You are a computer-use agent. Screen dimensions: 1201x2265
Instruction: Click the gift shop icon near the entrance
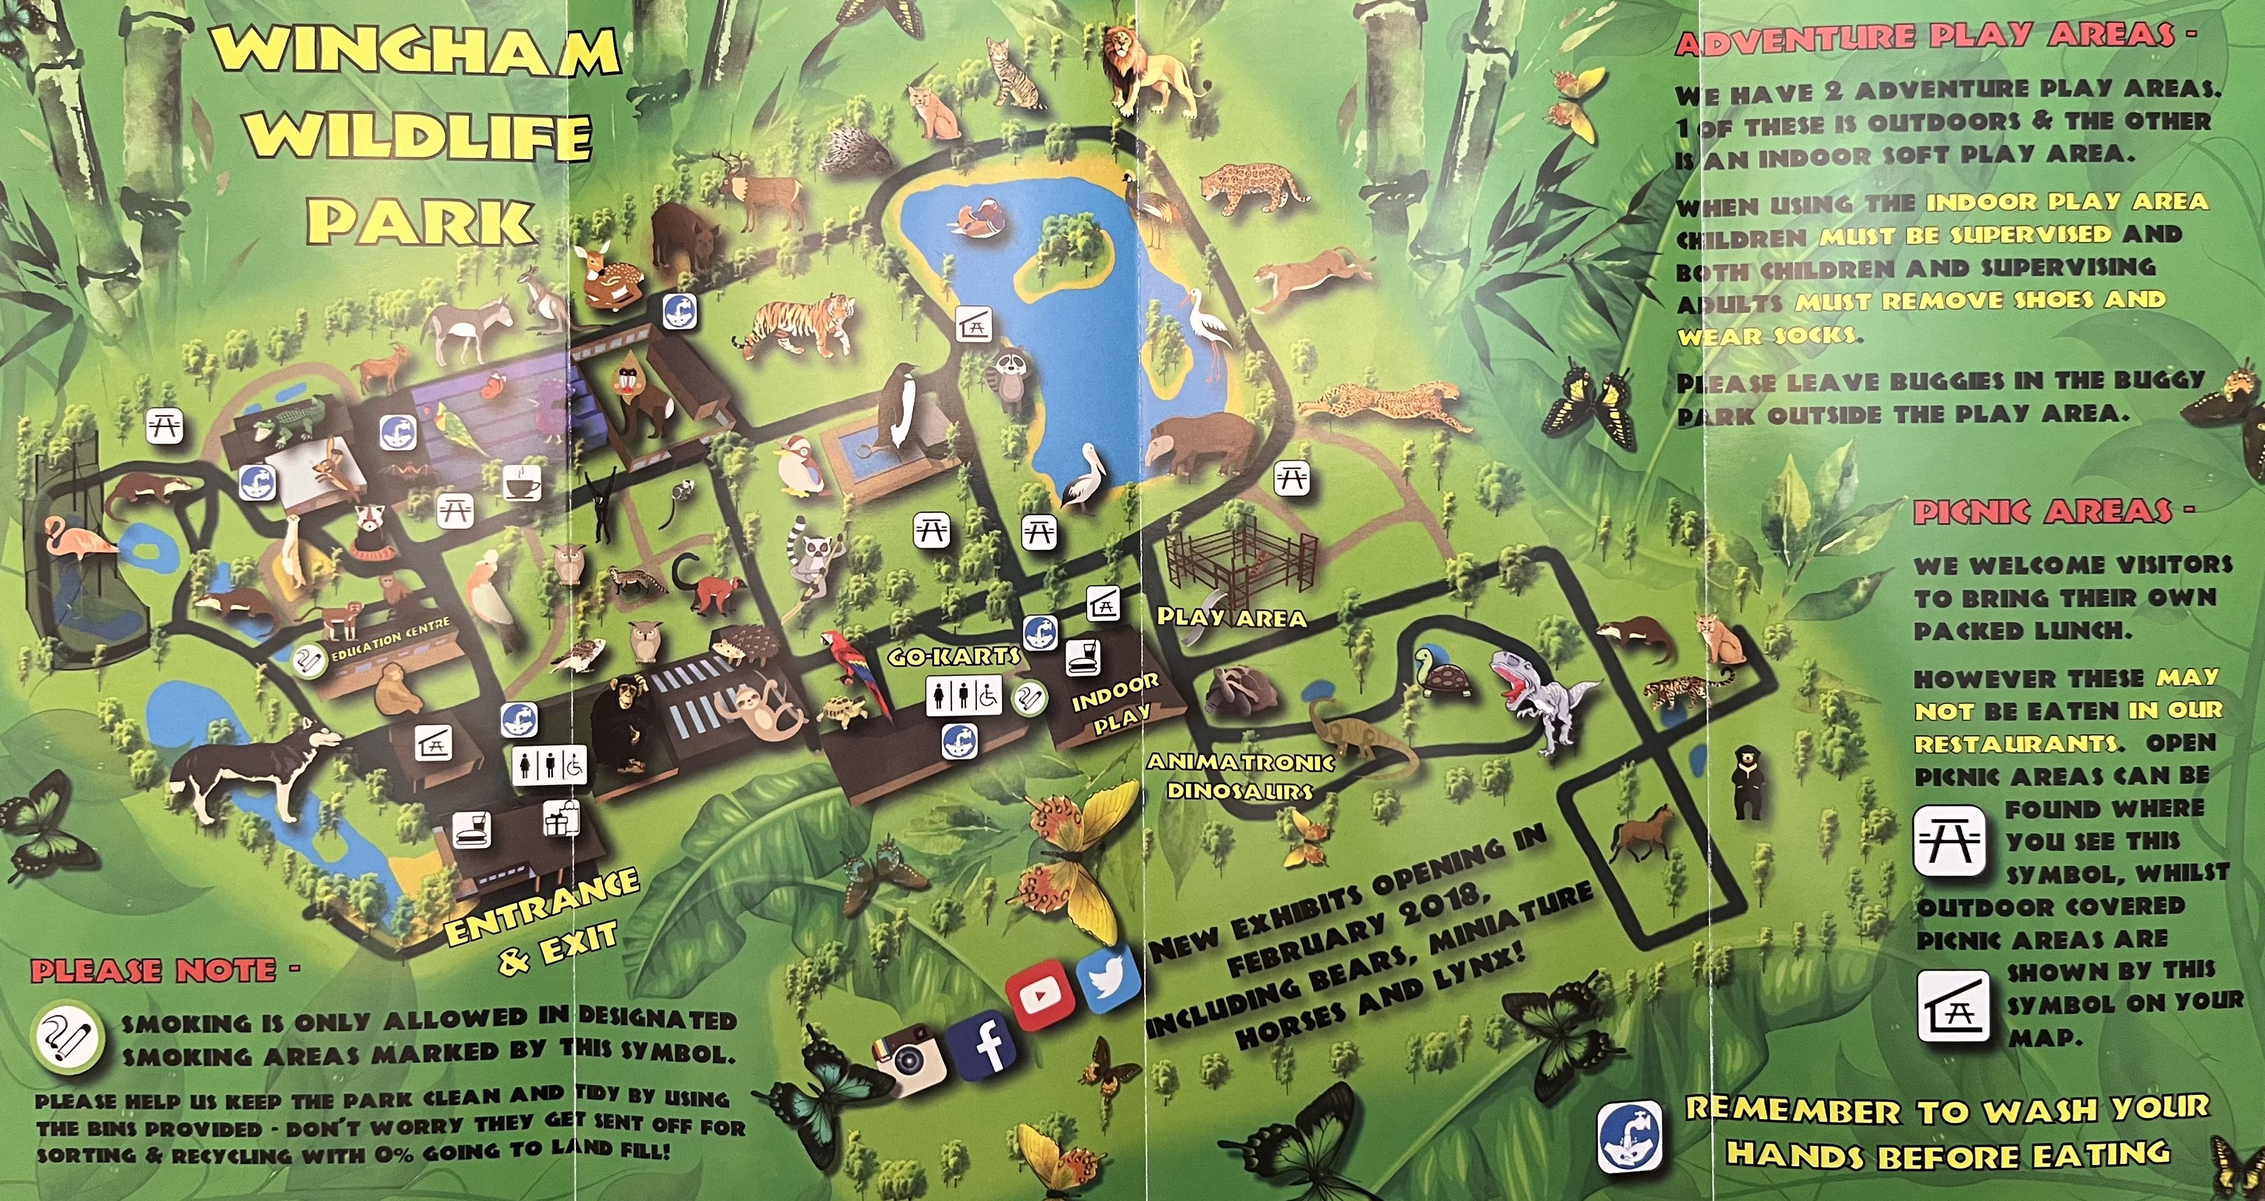(561, 818)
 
